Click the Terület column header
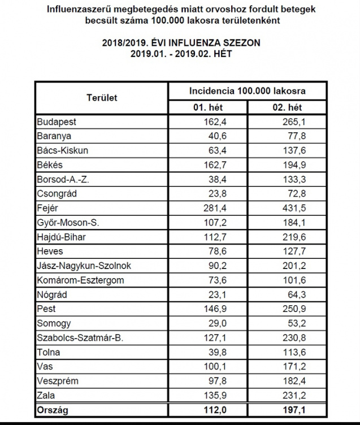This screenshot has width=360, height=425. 102,98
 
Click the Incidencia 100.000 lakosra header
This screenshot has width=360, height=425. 243,90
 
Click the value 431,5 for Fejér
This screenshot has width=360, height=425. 294,208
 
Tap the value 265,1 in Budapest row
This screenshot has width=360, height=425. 294,122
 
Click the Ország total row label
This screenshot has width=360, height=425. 53,410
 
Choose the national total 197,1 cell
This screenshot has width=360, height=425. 294,410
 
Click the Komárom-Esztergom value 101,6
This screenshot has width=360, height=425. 294,280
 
